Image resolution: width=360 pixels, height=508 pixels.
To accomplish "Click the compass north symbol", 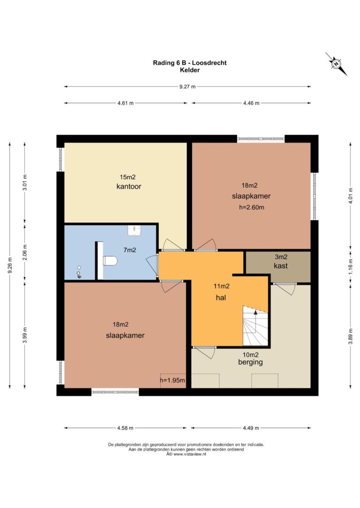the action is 336,64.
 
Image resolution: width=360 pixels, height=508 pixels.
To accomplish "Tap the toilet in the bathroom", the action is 110,261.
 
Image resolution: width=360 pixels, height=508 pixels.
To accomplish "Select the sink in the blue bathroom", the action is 134,231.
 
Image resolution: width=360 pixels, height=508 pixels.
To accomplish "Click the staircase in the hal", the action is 256,325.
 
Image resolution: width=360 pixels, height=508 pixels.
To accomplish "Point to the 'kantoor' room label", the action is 129,187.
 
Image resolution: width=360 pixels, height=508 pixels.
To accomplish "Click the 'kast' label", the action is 281,266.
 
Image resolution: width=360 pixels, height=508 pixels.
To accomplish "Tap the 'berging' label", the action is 250,362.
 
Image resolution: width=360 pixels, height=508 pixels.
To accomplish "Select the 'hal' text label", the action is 221,298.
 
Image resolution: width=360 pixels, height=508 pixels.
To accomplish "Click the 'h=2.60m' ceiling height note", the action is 252,207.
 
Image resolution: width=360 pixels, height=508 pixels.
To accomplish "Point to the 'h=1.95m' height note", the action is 172,380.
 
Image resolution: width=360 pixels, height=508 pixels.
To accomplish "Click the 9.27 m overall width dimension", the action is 188,86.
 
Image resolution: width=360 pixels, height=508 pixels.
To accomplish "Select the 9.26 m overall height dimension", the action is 10,265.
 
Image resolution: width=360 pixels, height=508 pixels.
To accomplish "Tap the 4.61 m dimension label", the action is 126,103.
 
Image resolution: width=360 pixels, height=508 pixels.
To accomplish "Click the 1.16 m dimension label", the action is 351,267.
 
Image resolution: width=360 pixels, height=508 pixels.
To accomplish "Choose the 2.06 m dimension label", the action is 25,253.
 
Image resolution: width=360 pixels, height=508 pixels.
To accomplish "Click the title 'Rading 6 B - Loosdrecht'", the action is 190,63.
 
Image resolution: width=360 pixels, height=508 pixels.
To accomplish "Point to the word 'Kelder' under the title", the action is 190,70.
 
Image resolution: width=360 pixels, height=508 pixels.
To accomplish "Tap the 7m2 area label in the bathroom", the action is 130,250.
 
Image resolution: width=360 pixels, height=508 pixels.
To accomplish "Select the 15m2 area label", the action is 128,177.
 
